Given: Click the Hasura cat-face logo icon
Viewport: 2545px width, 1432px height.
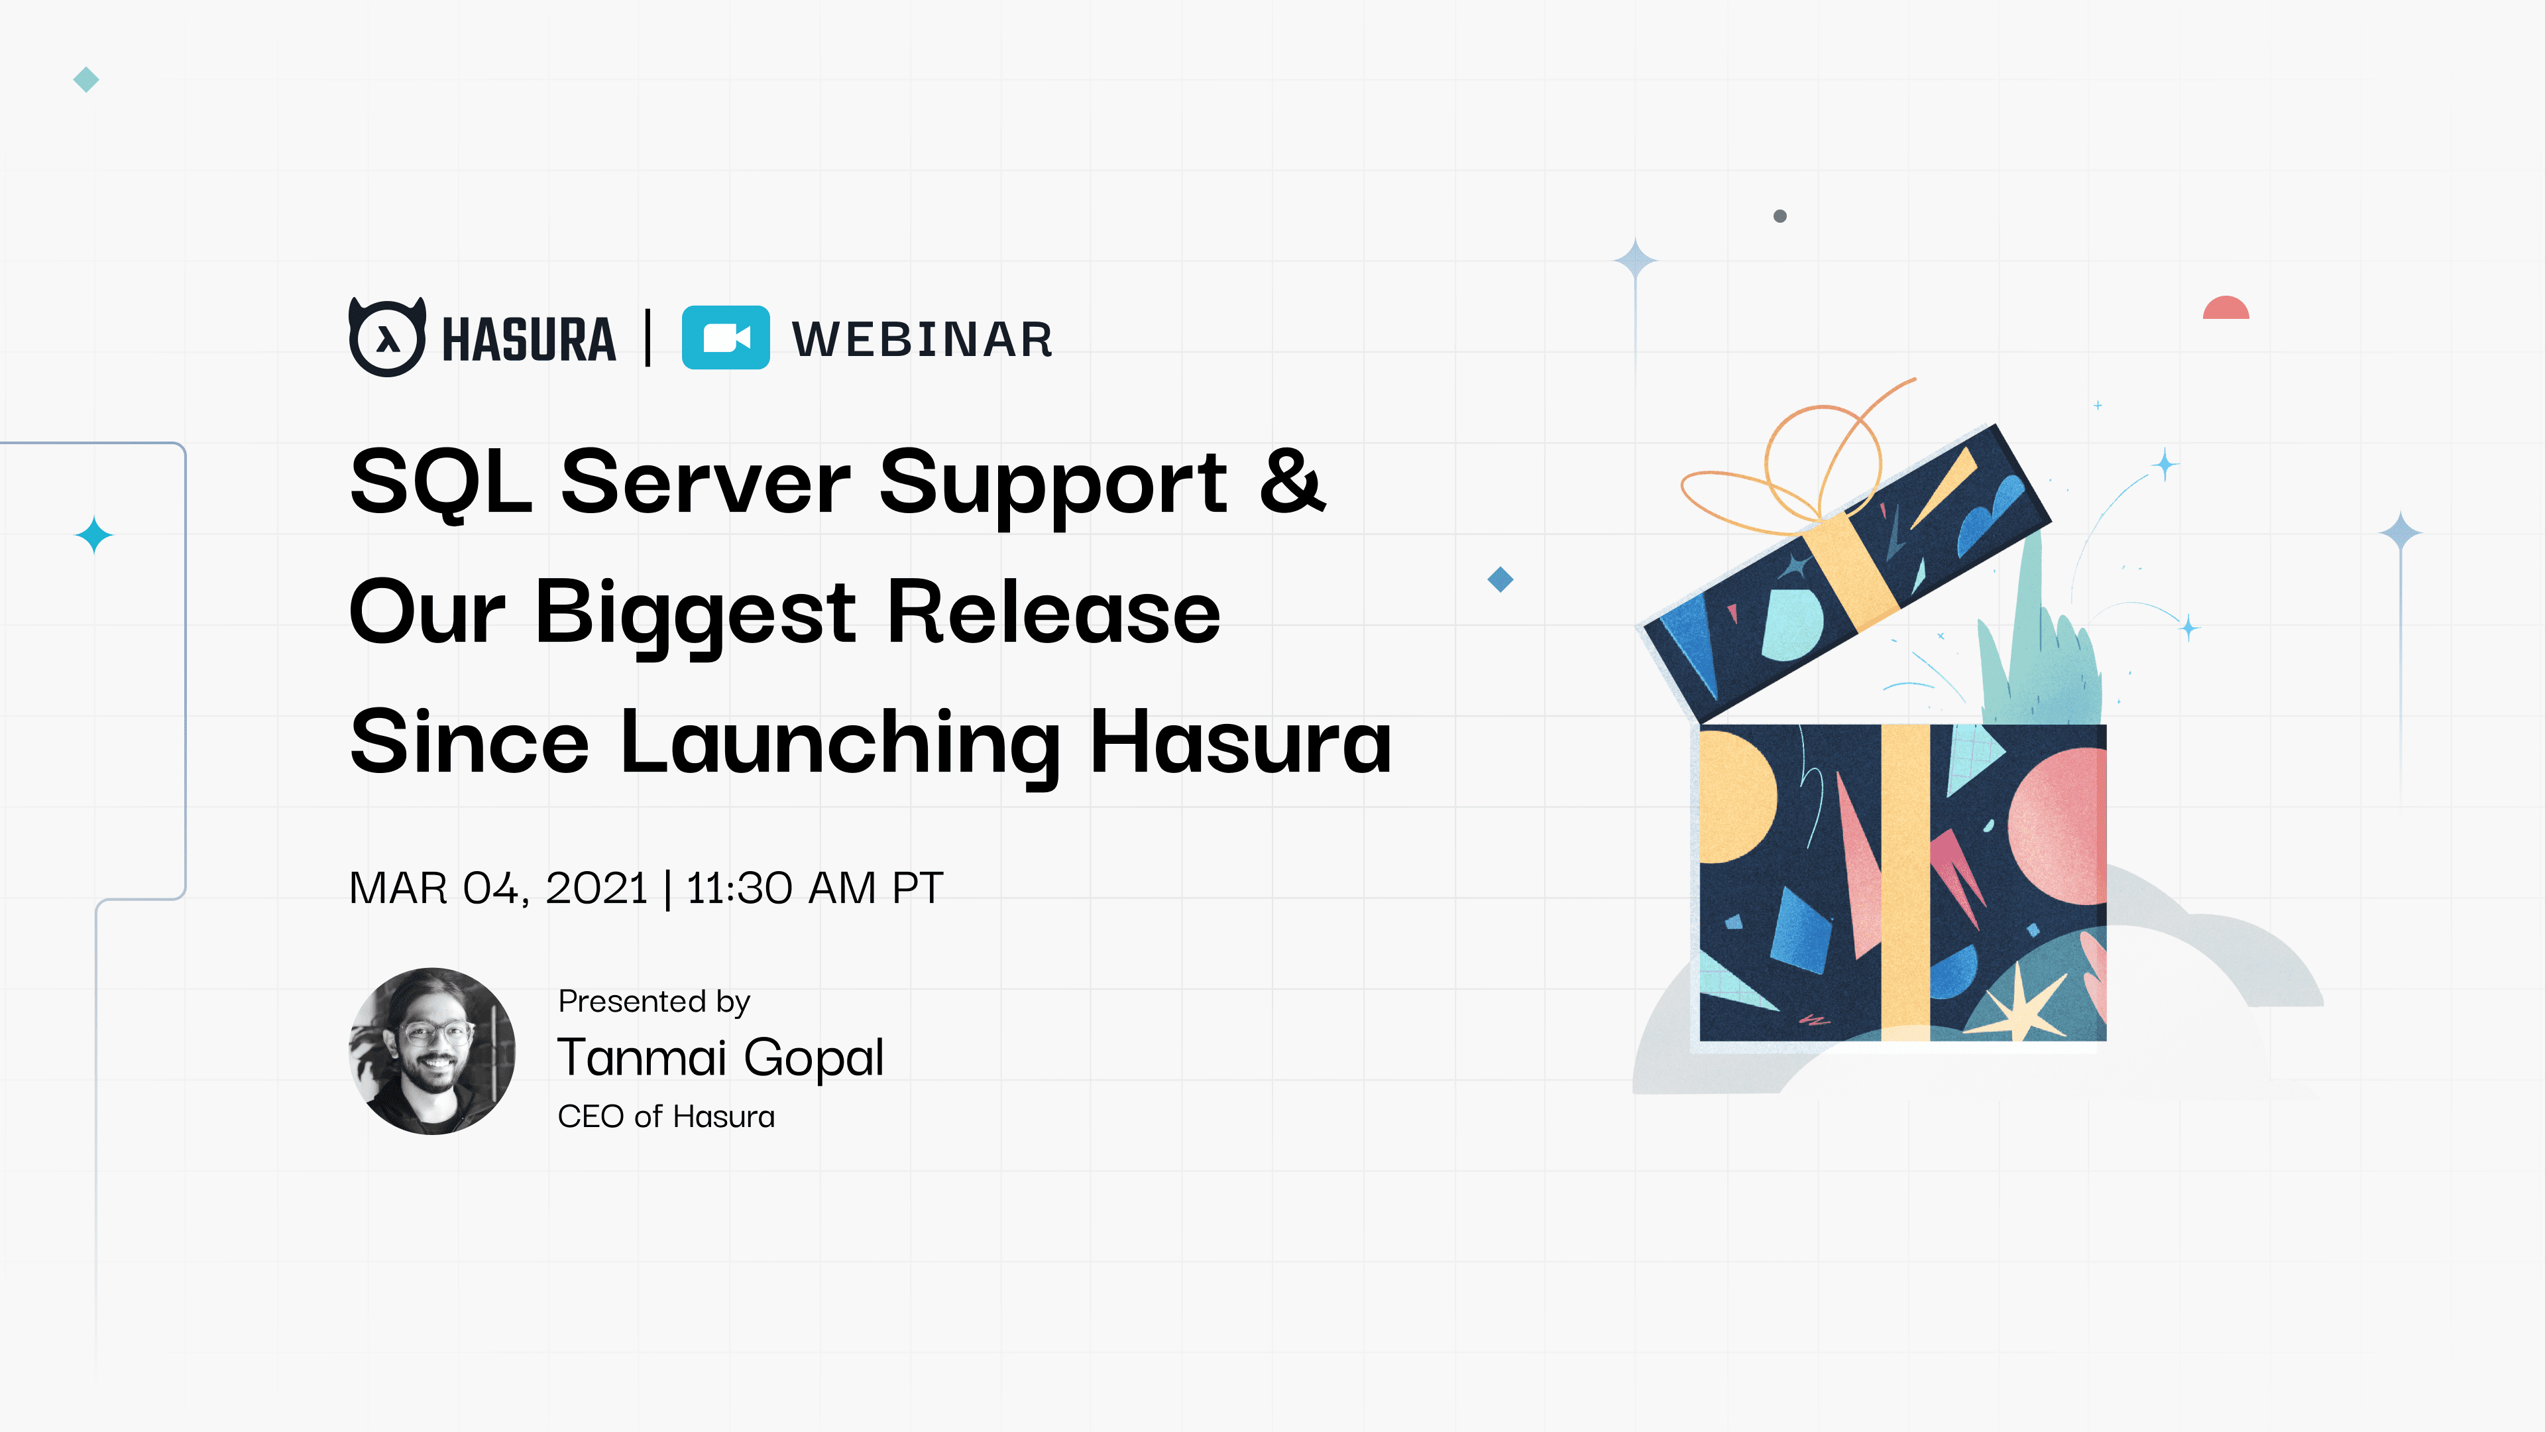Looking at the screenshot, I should coord(387,338).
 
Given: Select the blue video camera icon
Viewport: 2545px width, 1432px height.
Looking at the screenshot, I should coord(725,338).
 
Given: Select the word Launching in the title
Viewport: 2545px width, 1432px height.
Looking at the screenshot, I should coord(839,743).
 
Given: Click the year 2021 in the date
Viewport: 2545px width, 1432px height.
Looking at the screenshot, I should coord(596,888).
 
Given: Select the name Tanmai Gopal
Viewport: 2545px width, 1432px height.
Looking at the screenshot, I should coord(720,1057).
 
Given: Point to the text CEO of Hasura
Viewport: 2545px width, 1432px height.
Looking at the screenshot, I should coord(666,1116).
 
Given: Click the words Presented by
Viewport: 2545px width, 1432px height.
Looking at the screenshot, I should coord(654,1001).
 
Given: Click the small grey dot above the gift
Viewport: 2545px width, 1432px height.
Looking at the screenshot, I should coord(1780,216).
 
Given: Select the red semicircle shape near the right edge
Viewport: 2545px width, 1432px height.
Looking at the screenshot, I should coord(2226,308).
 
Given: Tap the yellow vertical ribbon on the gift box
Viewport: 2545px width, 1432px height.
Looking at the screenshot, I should coord(1905,880).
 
